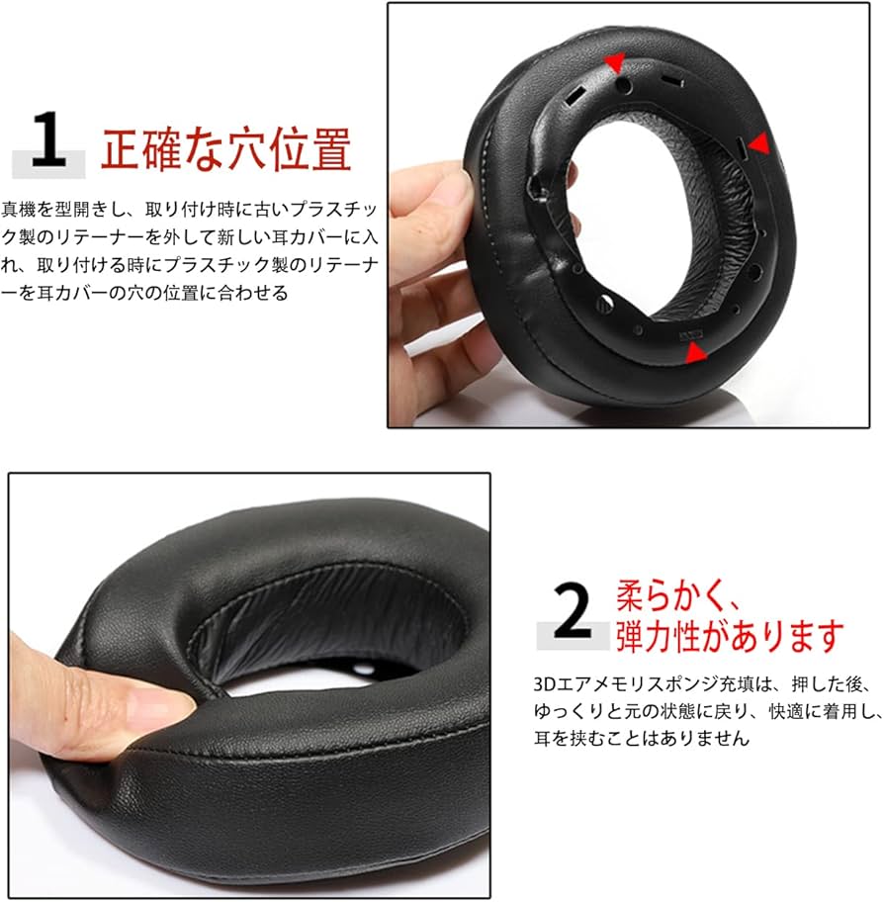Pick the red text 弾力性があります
[x=730, y=636]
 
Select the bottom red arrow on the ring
[x=696, y=352]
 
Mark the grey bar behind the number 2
[x=572, y=637]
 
